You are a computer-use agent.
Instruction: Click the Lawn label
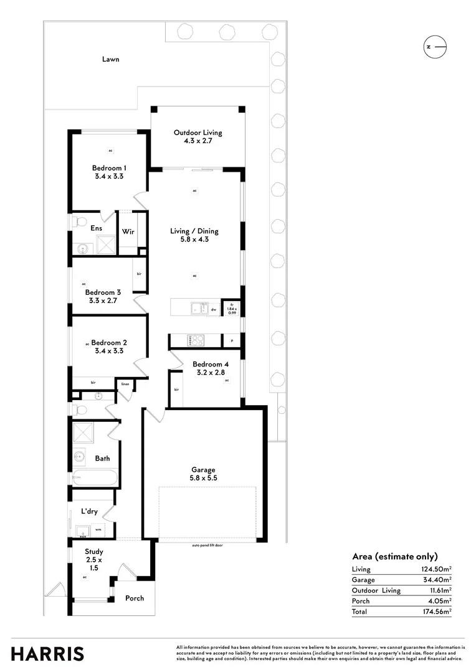(111, 60)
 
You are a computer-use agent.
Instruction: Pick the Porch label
(135, 598)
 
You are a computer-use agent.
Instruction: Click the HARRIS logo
(47, 653)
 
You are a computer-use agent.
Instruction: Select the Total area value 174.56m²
(436, 612)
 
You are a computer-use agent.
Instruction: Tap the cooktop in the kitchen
(196, 340)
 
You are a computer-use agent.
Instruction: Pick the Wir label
(128, 232)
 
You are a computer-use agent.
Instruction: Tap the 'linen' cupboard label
(125, 384)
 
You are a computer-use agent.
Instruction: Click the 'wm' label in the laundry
(98, 530)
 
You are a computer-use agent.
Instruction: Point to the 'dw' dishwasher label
(213, 309)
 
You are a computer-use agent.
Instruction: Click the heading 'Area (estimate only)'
(395, 556)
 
